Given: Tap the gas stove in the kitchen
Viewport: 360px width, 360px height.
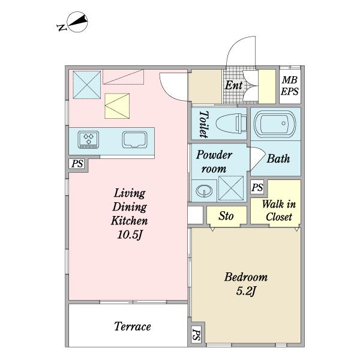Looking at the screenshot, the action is (x=88, y=140).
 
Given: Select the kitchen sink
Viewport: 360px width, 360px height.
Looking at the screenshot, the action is (x=134, y=140).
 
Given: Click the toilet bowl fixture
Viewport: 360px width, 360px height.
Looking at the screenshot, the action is (x=231, y=124).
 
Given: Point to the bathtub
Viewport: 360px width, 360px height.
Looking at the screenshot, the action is (x=275, y=124).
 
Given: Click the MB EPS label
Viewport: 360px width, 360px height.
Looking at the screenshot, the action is (x=290, y=86).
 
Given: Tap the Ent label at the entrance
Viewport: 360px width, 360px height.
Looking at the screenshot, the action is (x=233, y=85).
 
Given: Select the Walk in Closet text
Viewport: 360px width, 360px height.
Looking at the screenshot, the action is (x=279, y=211).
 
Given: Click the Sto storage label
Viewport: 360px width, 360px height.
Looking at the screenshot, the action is (x=226, y=216).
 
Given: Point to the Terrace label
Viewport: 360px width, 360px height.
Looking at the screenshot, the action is (x=133, y=326).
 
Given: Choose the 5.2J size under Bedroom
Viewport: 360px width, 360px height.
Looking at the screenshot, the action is (x=245, y=292).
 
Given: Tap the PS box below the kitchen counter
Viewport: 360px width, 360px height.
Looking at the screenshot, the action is (x=77, y=164).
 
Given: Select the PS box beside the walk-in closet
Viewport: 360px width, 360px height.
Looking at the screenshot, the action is (x=257, y=187).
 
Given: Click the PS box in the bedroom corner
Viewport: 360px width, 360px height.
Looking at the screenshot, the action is (x=196, y=335).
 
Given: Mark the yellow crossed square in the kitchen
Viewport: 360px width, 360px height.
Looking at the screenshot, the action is (x=117, y=106).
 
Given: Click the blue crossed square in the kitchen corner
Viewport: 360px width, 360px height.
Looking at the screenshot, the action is (x=87, y=85).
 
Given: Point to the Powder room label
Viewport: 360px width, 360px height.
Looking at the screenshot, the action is (x=214, y=162).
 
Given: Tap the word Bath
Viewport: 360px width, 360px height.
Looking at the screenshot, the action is (x=278, y=158).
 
